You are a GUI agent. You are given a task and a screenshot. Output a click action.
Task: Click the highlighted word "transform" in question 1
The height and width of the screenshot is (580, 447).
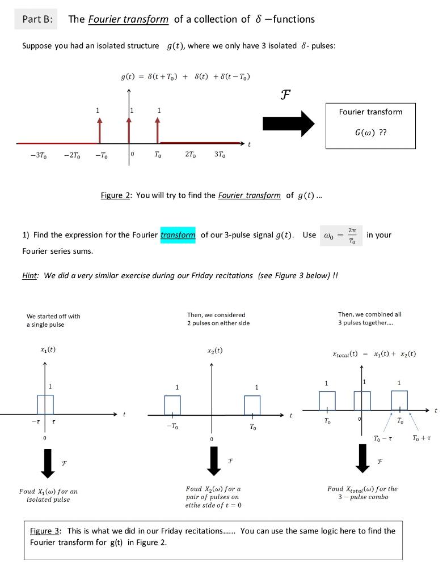(x=178, y=234)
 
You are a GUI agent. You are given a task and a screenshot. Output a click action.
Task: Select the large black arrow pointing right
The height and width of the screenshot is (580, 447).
(x=288, y=123)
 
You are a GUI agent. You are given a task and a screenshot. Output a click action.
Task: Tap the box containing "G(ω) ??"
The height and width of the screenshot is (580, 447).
(x=370, y=125)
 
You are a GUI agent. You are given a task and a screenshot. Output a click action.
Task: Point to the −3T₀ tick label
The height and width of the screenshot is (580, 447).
(x=38, y=156)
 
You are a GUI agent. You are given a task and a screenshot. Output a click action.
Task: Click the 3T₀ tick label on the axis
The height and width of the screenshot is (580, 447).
(x=221, y=156)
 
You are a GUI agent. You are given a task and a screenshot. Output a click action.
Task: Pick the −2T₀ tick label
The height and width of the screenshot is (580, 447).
(x=71, y=156)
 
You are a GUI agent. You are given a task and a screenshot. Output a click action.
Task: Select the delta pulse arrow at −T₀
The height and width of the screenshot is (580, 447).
(x=99, y=130)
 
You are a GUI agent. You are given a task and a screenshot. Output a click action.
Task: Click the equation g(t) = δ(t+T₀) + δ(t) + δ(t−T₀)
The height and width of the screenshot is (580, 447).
(x=185, y=76)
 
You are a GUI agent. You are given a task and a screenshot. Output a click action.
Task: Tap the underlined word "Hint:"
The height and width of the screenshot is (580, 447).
(x=31, y=276)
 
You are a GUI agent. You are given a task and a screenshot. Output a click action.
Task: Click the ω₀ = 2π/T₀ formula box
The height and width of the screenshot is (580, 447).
(x=341, y=234)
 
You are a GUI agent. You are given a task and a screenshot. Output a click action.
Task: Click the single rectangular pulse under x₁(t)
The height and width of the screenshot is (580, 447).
(x=45, y=404)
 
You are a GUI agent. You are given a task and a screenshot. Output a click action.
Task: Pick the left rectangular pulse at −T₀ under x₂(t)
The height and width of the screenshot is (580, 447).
(x=172, y=405)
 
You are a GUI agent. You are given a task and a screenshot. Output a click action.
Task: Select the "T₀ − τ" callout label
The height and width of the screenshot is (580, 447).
(x=383, y=439)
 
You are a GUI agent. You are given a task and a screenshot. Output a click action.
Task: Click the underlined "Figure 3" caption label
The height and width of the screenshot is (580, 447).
(x=45, y=531)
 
